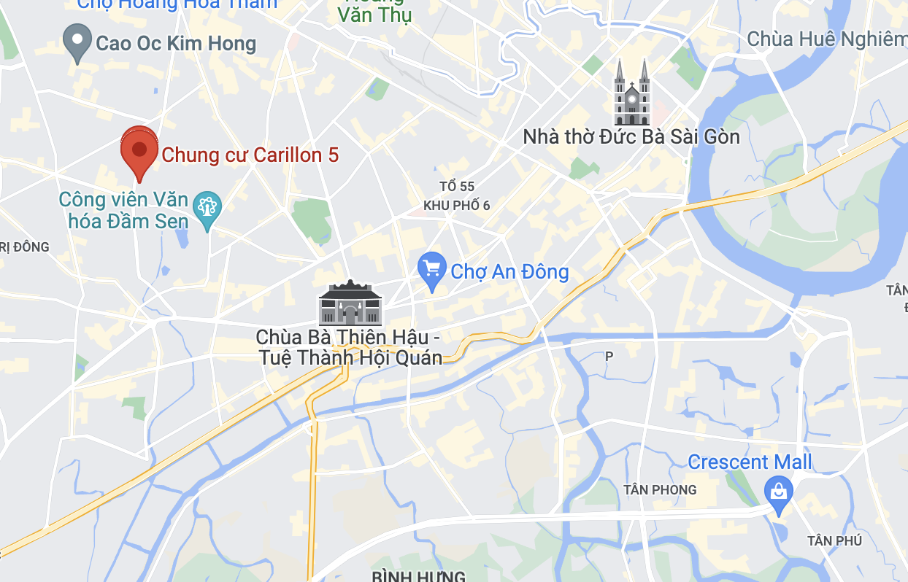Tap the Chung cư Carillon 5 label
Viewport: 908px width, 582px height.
click(x=250, y=155)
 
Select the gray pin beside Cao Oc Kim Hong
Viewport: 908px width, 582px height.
click(x=77, y=42)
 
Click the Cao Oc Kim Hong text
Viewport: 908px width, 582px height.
click(x=176, y=44)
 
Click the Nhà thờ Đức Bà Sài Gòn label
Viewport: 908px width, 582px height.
click(x=631, y=137)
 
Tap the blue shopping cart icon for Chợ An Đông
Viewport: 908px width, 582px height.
click(x=432, y=270)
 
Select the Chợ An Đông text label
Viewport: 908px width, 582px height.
click(x=509, y=272)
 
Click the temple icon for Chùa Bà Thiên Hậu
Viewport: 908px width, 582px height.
click(x=350, y=303)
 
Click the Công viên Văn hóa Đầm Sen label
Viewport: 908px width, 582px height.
click(x=124, y=210)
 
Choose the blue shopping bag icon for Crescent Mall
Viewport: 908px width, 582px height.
click(x=779, y=492)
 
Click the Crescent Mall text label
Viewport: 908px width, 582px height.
click(x=750, y=462)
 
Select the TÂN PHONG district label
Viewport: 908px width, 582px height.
click(x=660, y=490)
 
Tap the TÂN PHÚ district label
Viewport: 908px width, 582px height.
click(x=834, y=541)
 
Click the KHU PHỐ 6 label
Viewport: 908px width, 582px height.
click(x=457, y=206)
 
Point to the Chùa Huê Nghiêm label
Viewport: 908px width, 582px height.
click(x=826, y=39)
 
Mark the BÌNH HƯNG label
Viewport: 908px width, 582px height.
click(x=418, y=576)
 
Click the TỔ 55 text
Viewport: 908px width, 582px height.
click(x=457, y=187)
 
